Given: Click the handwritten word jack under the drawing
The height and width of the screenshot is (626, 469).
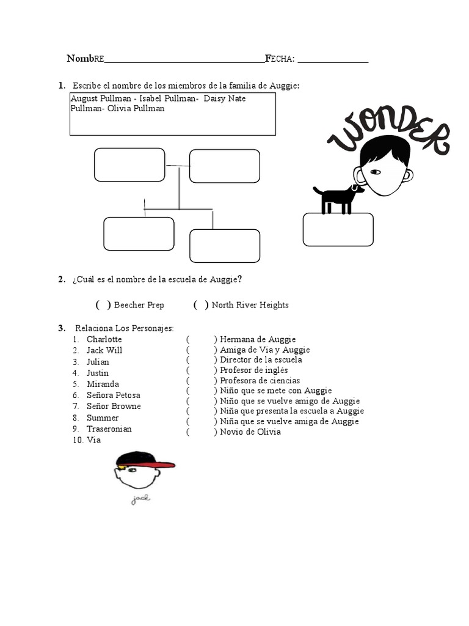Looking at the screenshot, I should coord(140,499).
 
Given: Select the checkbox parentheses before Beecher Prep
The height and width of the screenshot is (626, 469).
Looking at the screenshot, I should coord(103,305).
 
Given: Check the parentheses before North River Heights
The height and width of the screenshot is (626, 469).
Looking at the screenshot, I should coord(201,305).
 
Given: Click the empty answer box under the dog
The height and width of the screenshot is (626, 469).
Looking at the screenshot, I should coord(338,230).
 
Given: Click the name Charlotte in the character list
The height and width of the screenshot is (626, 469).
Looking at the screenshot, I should coord(104,339).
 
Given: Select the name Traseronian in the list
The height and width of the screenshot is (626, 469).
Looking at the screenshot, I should coord(109,429).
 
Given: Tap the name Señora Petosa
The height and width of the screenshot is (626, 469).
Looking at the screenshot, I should coord(113,395).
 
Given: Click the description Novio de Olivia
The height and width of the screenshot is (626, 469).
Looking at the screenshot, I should coord(250,432).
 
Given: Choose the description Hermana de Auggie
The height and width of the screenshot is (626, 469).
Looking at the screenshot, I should coord(257,339).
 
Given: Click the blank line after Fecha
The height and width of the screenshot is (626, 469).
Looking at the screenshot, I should coord(333,59).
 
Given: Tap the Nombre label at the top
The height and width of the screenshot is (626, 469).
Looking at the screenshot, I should coord(85,59).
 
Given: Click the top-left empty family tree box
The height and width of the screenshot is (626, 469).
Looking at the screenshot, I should coord(129,165).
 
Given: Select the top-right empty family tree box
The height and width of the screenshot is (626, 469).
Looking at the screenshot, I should coord(225,166).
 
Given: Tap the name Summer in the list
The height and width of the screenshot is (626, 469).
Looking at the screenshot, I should coord(103,418).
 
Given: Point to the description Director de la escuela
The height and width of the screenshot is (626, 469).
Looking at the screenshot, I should coord(261,360).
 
